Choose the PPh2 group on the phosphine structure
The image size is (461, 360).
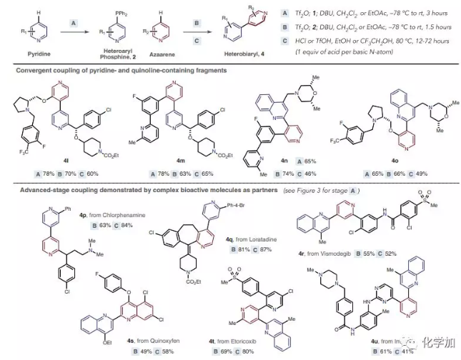click(91, 9)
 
